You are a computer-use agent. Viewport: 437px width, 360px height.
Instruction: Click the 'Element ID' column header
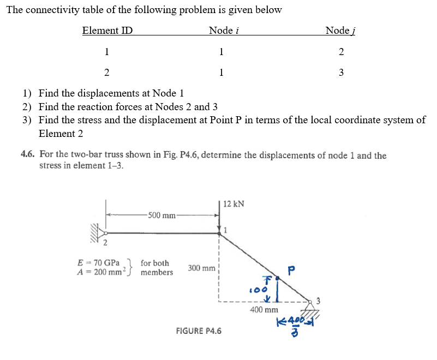pyautogui.click(x=107, y=31)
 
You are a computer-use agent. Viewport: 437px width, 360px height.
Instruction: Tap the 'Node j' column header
pyautogui.click(x=340, y=31)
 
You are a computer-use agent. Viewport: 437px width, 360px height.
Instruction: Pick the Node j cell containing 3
pyautogui.click(x=341, y=73)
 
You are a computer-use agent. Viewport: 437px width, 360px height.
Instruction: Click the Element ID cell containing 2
pyautogui.click(x=106, y=73)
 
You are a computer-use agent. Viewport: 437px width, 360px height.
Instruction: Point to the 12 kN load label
pyautogui.click(x=234, y=204)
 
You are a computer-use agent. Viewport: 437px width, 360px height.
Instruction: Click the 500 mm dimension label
pyautogui.click(x=161, y=215)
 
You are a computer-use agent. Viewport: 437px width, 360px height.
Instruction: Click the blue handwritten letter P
pyautogui.click(x=292, y=271)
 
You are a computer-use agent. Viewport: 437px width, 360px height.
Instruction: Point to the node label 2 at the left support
pyautogui.click(x=105, y=243)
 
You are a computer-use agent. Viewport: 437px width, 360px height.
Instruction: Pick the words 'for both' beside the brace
pyautogui.click(x=155, y=263)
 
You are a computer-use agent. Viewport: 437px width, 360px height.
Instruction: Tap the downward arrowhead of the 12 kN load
pyautogui.click(x=219, y=229)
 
